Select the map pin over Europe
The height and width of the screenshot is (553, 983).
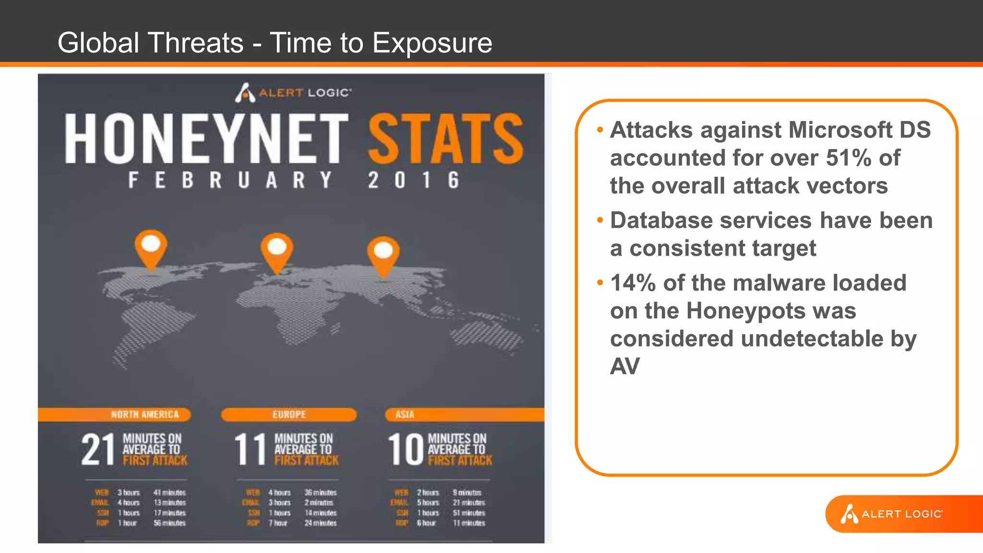tap(277, 250)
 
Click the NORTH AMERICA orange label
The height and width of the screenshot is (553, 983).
tap(144, 414)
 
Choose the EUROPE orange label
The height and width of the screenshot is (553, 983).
tap(289, 414)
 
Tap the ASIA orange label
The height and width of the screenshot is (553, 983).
tap(405, 414)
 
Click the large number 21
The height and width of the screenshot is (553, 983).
tap(98, 449)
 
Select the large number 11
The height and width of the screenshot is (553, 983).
tap(250, 449)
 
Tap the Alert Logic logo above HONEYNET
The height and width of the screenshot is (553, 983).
tap(293, 92)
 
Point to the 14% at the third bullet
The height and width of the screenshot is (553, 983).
tap(633, 283)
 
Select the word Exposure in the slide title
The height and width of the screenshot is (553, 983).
tap(432, 43)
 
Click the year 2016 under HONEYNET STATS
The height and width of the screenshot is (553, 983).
tap(414, 180)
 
